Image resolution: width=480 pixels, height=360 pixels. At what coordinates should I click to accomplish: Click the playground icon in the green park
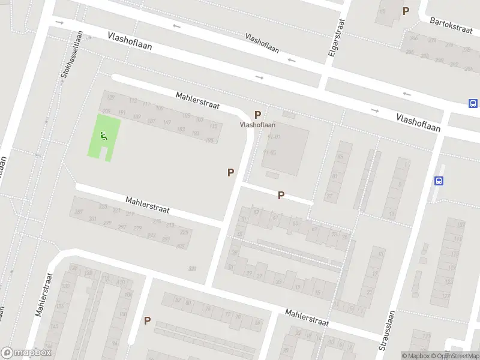(104, 137)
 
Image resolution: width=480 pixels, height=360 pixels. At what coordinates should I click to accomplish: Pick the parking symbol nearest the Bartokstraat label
(406, 11)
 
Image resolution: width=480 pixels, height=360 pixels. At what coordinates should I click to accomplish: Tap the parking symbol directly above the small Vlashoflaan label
(258, 115)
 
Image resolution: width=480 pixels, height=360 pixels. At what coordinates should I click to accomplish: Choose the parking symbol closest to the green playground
(230, 172)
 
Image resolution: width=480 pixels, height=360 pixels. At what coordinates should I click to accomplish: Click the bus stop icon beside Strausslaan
(439, 181)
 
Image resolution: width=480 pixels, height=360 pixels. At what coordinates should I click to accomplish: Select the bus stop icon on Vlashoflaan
(473, 103)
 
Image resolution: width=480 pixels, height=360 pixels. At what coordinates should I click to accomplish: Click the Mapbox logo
(27, 353)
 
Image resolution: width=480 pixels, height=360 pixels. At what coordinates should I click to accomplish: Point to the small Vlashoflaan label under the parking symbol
(257, 125)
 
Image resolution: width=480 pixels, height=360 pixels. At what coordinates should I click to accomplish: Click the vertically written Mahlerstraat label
(44, 294)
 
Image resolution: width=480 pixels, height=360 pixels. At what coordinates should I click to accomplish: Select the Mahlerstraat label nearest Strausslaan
(307, 317)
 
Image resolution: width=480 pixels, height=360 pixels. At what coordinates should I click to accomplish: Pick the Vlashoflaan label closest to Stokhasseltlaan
(131, 41)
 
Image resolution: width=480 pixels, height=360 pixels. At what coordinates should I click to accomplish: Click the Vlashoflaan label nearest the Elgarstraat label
(263, 42)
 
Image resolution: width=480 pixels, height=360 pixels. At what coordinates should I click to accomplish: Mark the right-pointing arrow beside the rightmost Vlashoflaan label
(376, 110)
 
